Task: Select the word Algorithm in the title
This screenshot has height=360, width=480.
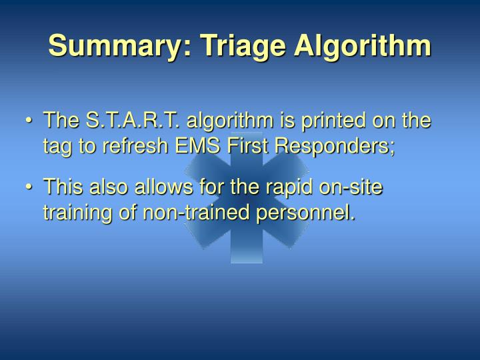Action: (x=353, y=46)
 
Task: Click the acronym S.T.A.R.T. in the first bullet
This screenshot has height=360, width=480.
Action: (x=133, y=121)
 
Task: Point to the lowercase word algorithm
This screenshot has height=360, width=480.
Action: (x=230, y=121)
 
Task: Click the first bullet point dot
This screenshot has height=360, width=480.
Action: (x=29, y=122)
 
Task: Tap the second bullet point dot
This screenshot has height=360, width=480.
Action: (x=29, y=187)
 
